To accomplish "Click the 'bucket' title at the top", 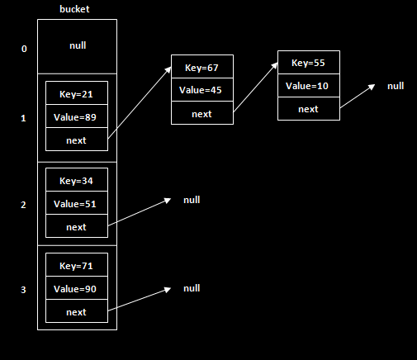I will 76,9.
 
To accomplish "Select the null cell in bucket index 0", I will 77,46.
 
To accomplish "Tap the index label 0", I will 24,49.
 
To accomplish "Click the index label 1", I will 24,118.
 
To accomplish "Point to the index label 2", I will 24,204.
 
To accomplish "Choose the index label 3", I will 24,290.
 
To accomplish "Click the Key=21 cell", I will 76,94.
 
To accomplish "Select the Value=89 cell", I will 76,117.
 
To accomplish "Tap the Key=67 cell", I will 201,67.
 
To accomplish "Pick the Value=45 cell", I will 201,90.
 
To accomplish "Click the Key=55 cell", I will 308,63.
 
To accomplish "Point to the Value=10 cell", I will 308,86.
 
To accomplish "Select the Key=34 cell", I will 76,181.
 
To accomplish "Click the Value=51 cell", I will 76,204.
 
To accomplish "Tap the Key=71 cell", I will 76,266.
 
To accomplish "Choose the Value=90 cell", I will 76,289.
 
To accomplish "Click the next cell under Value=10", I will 308,108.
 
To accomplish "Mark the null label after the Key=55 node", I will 396,86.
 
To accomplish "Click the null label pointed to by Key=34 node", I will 192,200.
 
